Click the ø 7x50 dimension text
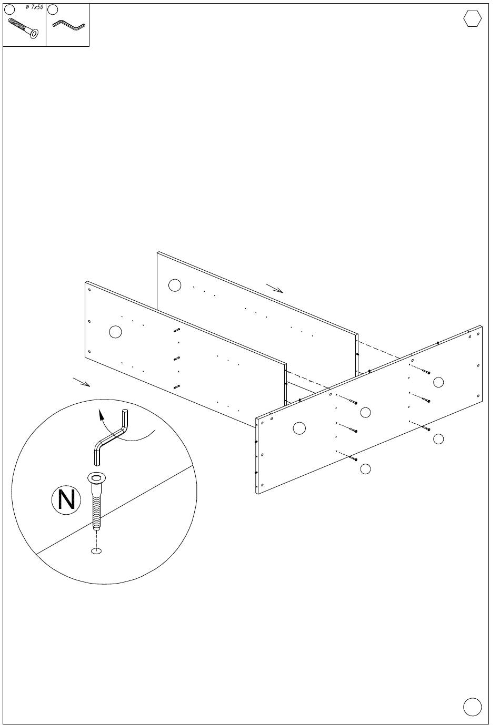point(34,7)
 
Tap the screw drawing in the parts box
point(23,28)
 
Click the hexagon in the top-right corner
point(472,18)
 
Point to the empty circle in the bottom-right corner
point(472,706)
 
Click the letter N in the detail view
point(66,499)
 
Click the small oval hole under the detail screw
point(96,550)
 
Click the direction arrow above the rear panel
point(274,288)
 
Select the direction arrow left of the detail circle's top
point(82,382)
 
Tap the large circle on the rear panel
point(175,285)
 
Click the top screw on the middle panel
point(177,330)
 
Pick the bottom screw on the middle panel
point(177,386)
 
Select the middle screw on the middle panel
point(177,358)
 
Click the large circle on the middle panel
point(115,332)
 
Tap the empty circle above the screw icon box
point(9,9)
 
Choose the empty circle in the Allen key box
point(53,9)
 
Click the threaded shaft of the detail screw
point(96,513)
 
